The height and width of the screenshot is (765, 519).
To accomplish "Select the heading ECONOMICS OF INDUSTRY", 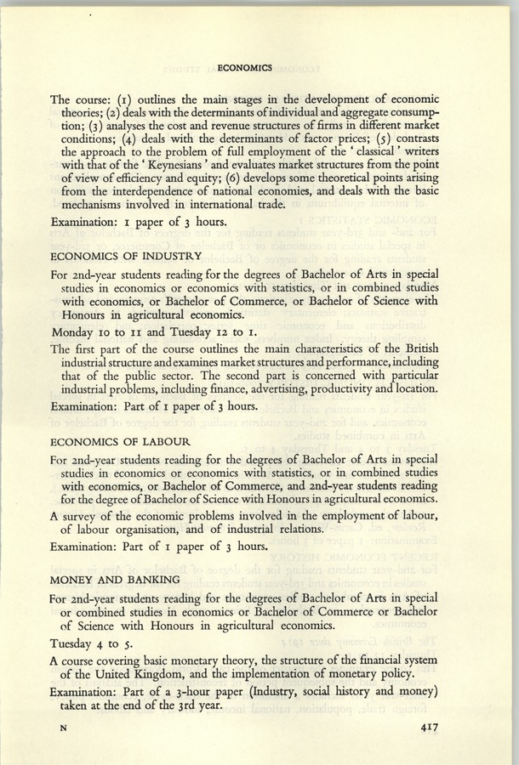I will pyautogui.click(x=127, y=256).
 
